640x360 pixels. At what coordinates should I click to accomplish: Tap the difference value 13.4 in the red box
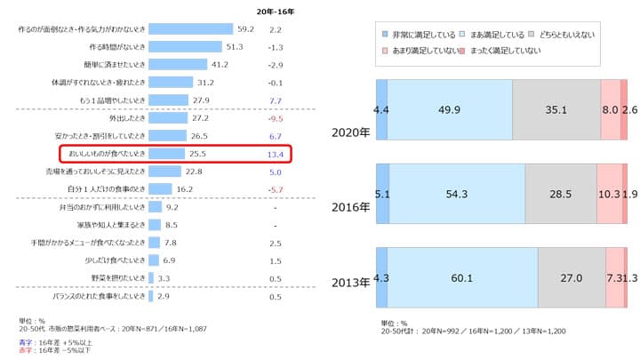275,153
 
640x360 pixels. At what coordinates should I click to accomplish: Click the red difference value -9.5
275,117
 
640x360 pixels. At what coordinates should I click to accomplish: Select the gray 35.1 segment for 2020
556,110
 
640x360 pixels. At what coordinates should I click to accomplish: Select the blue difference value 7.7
275,100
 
